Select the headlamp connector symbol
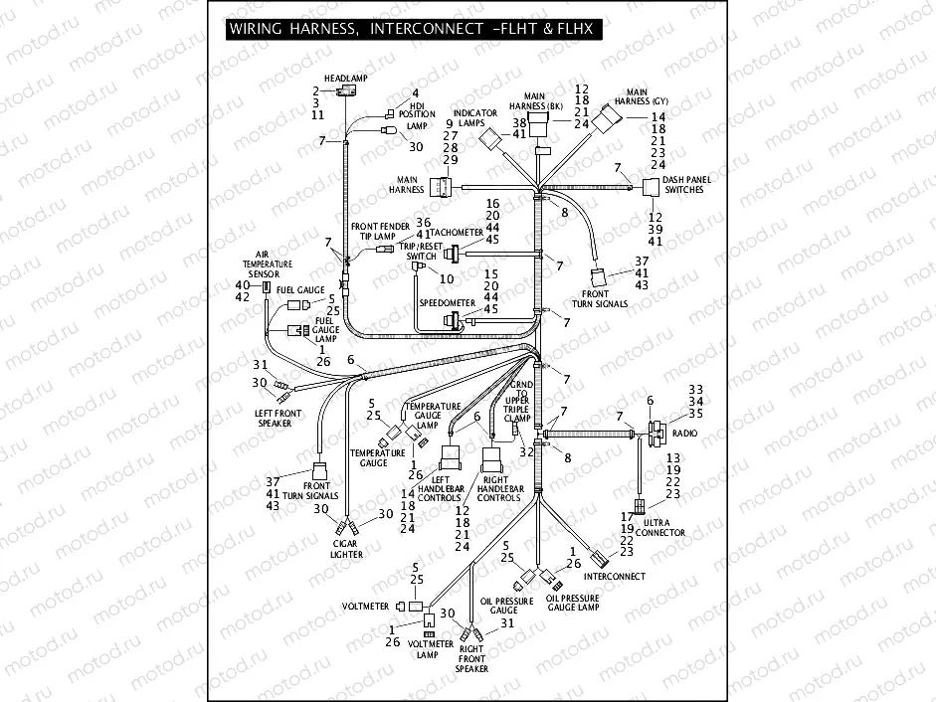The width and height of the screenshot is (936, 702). point(347,91)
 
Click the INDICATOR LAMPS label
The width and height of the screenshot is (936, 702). point(475,118)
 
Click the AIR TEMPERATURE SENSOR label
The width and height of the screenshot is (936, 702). point(268,263)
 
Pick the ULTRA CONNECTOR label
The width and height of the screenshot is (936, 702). point(663,527)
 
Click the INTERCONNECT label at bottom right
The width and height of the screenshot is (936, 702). point(614,577)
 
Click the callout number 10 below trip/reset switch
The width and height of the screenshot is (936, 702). point(447,279)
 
